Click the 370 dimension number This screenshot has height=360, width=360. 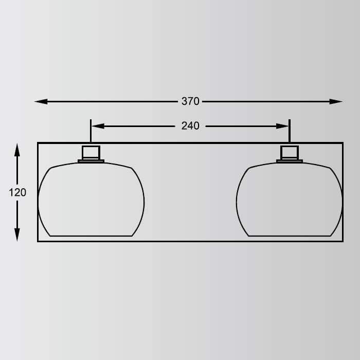[x=190, y=101]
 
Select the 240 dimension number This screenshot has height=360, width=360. [x=190, y=126]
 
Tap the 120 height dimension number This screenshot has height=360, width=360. [x=17, y=192]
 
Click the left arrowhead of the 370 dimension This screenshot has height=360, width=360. [x=41, y=101]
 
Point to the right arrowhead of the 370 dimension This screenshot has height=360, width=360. [x=336, y=101]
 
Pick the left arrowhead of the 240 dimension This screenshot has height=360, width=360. [x=98, y=126]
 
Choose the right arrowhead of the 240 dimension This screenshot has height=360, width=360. [x=282, y=126]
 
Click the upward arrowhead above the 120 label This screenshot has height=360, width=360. [x=17, y=150]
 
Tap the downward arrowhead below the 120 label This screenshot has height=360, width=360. [x=17, y=235]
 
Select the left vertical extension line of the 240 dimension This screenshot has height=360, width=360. [x=91, y=131]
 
